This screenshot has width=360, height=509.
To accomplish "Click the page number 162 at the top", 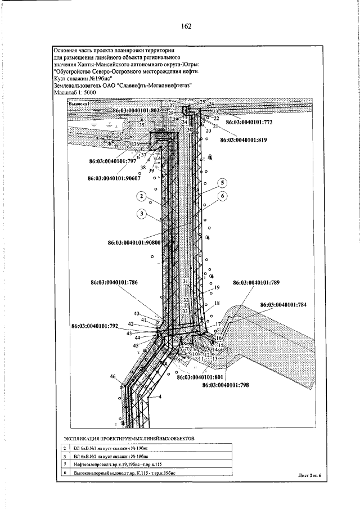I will (187, 26).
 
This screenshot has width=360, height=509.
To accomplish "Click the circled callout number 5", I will (223, 183).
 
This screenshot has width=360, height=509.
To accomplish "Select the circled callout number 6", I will (223, 196).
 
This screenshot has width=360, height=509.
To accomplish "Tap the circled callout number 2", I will (142, 197).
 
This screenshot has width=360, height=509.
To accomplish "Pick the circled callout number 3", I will (142, 213).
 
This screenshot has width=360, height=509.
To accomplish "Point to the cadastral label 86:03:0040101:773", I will (249, 121).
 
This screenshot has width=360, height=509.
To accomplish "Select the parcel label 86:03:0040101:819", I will (243, 139).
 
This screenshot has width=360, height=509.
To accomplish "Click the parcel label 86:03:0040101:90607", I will (114, 178).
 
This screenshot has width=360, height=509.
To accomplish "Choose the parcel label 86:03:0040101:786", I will (114, 283).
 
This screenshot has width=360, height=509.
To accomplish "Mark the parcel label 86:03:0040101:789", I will (256, 283).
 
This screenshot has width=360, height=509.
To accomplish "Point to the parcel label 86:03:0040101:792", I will (94, 326).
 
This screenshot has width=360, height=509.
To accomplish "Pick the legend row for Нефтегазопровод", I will (116, 465).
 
